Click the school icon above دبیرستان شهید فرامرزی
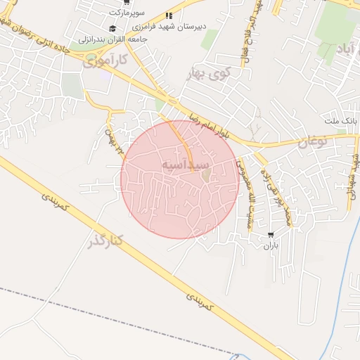click(x=168, y=16)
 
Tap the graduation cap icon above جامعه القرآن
click(x=112, y=28)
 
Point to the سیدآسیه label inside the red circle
click(x=185, y=164)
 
